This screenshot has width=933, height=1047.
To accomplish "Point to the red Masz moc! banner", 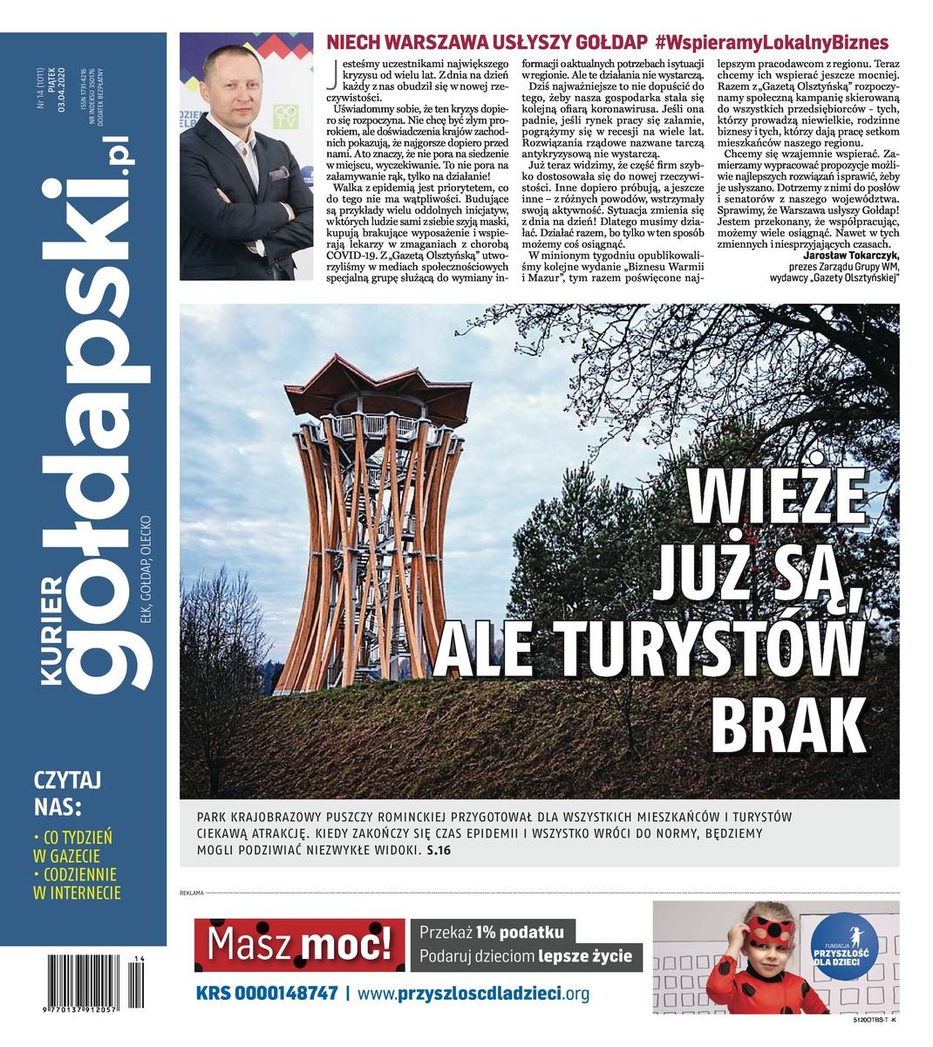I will tap(299, 944).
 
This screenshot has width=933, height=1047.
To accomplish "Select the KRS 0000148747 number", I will tap(266, 993).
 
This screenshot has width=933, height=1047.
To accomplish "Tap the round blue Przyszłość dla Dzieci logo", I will tap(840, 943).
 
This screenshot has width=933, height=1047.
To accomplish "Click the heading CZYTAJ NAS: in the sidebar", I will tap(68, 790).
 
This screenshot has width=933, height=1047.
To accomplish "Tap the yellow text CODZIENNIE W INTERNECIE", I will tap(77, 883).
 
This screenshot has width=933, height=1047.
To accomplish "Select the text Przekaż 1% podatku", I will tap(492, 932).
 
